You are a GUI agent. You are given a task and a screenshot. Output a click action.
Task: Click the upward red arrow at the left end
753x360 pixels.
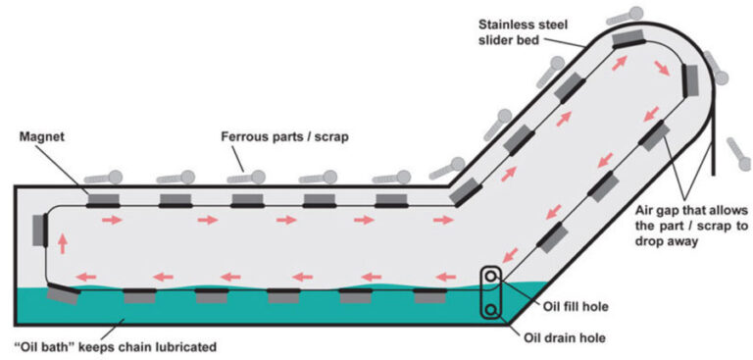[x=62, y=241]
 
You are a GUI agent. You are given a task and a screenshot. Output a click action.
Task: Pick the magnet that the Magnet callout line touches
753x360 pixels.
[x=102, y=201]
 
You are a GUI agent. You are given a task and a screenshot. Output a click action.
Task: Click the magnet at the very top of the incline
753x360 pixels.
[x=628, y=40]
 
